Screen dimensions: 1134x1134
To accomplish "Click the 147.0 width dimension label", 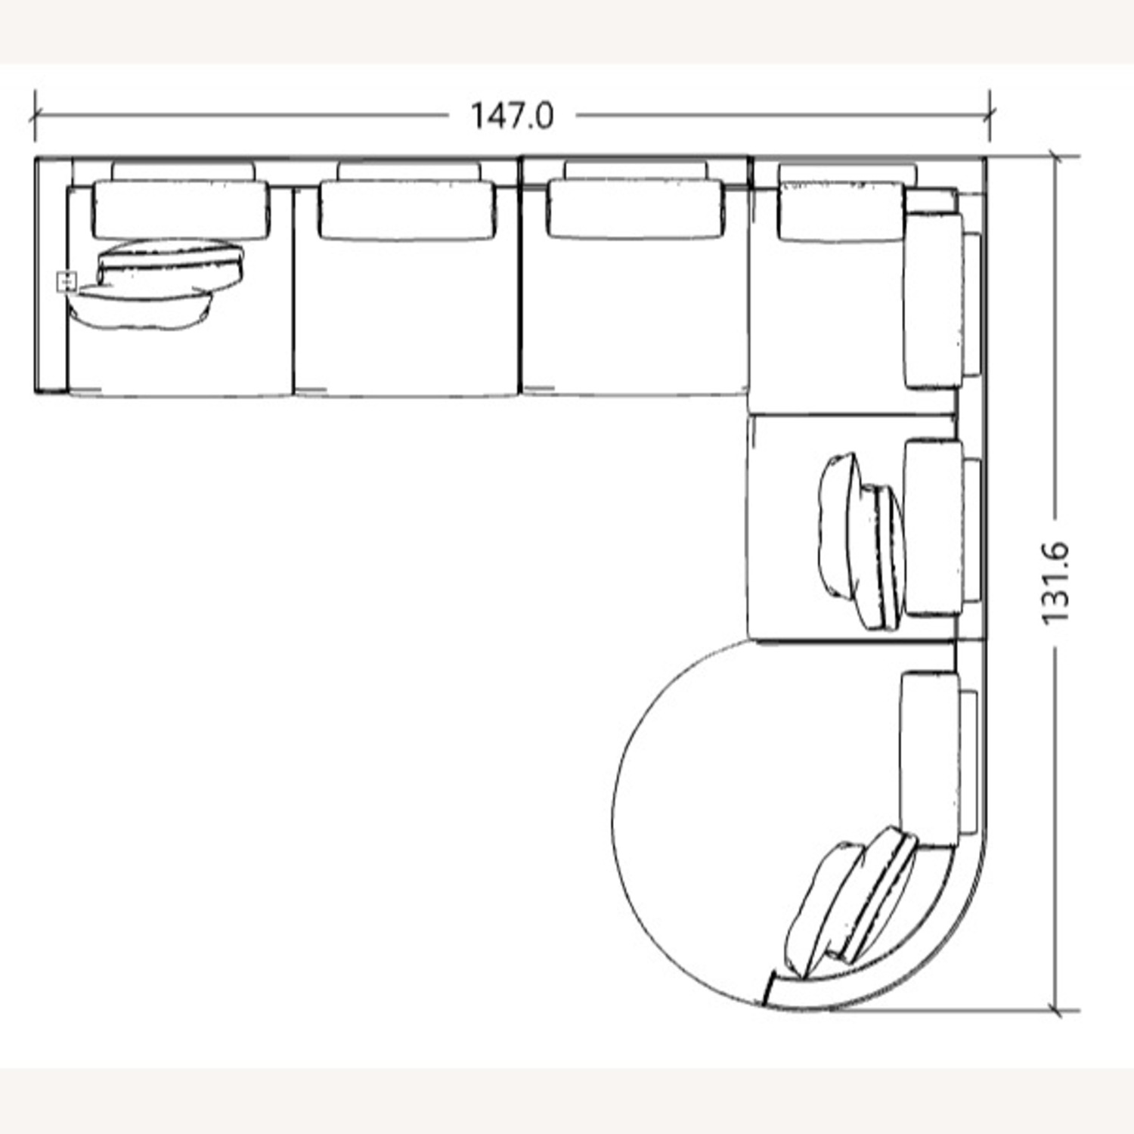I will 512,116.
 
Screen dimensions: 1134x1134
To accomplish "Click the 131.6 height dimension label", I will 1056,582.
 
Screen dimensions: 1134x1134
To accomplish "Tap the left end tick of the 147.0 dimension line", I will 35,116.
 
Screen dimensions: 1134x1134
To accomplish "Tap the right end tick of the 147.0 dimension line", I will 990,116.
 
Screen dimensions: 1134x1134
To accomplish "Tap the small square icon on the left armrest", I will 67,282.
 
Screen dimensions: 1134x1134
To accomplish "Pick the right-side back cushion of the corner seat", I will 932,301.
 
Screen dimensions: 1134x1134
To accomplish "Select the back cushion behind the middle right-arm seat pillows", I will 932,527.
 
